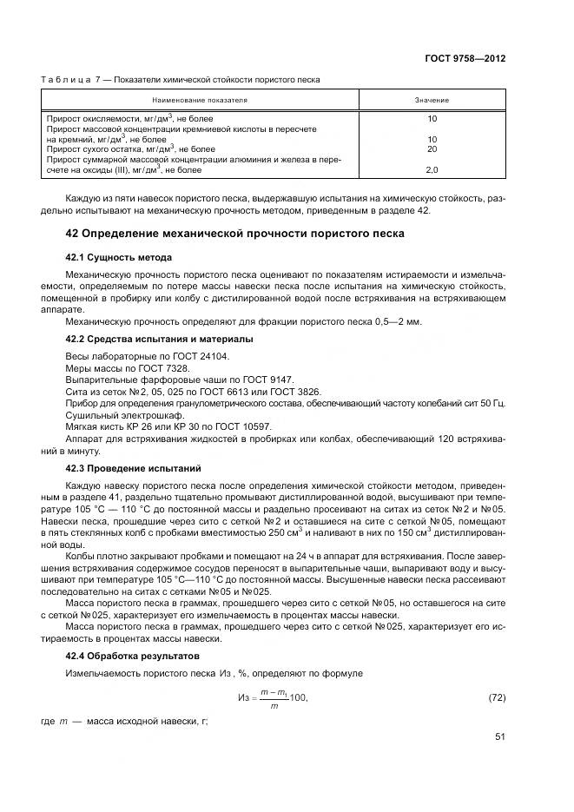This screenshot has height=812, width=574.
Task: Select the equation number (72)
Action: tap(494, 697)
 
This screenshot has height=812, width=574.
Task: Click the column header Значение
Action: tap(432, 100)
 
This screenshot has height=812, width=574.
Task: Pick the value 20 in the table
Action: tap(432, 149)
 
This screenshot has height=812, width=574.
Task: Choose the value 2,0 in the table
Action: tap(432, 169)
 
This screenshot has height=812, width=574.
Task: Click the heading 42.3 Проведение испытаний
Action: tap(134, 468)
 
